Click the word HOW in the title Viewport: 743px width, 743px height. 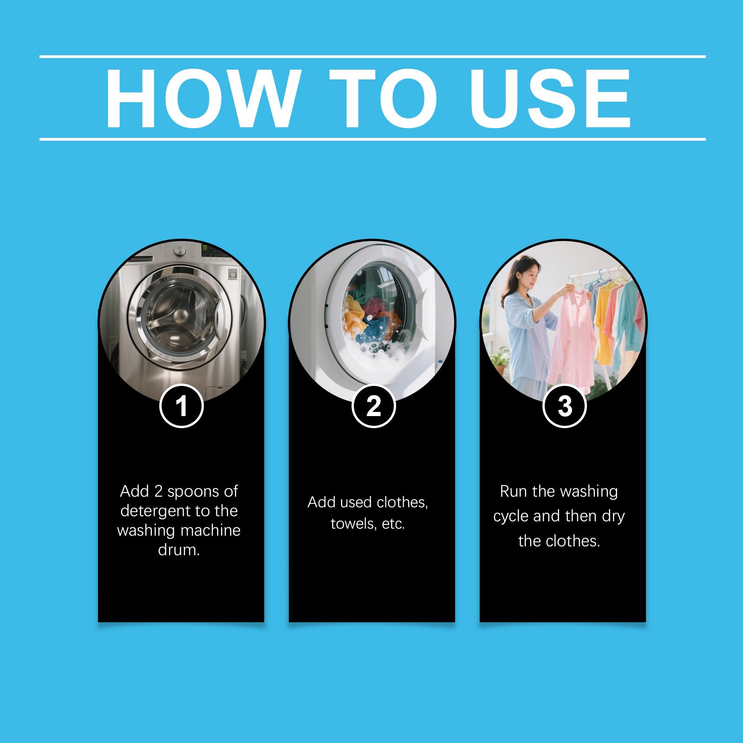201,98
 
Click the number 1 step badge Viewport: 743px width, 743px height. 182,406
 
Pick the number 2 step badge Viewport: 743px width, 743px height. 373,406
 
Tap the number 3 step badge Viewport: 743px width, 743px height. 565,406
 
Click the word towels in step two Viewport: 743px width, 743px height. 350,524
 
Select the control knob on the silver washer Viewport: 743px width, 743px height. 179,251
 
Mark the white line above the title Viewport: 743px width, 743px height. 372,57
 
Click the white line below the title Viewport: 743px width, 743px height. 372,139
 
